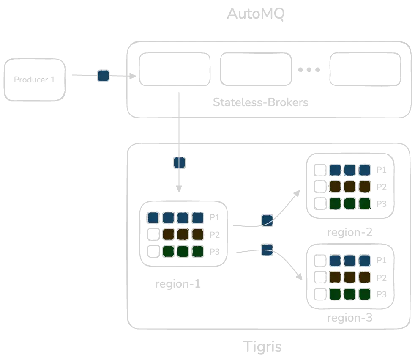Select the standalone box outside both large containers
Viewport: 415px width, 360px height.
(35, 80)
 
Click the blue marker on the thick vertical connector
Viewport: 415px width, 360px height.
(179, 162)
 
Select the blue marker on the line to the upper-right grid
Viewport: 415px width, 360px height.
(267, 221)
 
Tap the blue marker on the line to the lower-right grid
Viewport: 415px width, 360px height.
(266, 249)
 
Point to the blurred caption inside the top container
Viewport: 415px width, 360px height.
(262, 102)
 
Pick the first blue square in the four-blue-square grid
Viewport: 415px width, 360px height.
(153, 218)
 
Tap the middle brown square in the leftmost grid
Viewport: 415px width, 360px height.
(183, 234)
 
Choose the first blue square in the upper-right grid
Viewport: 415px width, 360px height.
(335, 170)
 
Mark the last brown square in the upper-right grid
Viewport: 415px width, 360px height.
(364, 186)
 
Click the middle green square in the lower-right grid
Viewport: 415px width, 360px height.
(349, 294)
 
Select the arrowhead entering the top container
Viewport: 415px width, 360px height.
(132, 77)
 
